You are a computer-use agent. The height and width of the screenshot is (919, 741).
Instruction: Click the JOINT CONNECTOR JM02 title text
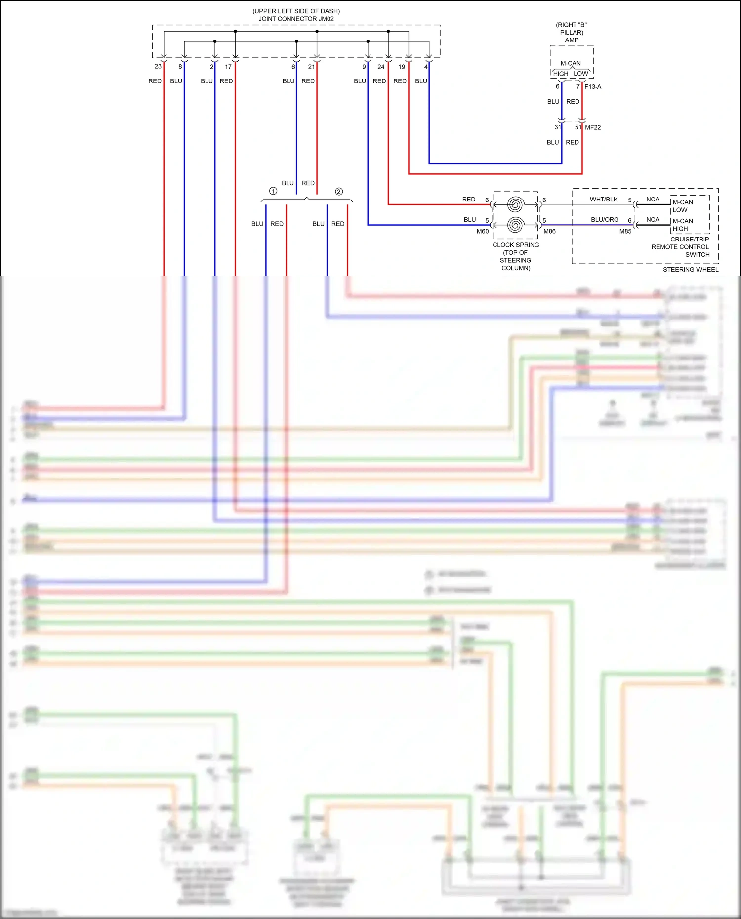pos(296,19)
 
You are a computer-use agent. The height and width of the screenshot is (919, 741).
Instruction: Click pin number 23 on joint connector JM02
pos(158,66)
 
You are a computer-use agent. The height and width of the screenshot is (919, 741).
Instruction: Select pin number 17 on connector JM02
pos(228,67)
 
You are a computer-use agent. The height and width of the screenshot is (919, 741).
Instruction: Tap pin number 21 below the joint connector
pos(311,67)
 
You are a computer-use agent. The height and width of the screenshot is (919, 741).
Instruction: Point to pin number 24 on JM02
pos(381,67)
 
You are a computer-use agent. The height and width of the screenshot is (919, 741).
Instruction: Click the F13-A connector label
pos(593,87)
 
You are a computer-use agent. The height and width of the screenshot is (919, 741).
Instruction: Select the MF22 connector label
pos(593,127)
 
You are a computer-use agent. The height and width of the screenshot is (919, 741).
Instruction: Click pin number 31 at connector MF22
pos(557,127)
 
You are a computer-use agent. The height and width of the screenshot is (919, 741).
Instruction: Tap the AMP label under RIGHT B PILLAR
pos(572,40)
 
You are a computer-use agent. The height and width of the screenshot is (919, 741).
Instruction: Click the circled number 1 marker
pos(273,191)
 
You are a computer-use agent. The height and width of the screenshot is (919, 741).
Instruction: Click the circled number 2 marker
pos(339,192)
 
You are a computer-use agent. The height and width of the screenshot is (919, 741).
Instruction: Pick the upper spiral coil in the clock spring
pos(515,204)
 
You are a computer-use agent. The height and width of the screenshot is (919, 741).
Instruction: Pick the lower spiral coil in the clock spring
pos(515,225)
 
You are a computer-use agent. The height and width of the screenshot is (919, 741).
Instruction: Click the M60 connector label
pos(482,231)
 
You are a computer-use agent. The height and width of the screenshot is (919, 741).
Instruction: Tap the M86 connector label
pos(549,231)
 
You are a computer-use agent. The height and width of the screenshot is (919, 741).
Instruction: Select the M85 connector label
pos(625,231)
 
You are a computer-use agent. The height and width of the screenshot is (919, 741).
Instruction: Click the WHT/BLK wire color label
pos(604,200)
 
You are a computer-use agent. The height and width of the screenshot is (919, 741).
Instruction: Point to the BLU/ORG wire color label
pos(605,220)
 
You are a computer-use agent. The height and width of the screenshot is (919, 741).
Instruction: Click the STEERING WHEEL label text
pos(691,270)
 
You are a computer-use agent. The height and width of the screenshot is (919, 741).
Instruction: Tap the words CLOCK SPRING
pos(516,245)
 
